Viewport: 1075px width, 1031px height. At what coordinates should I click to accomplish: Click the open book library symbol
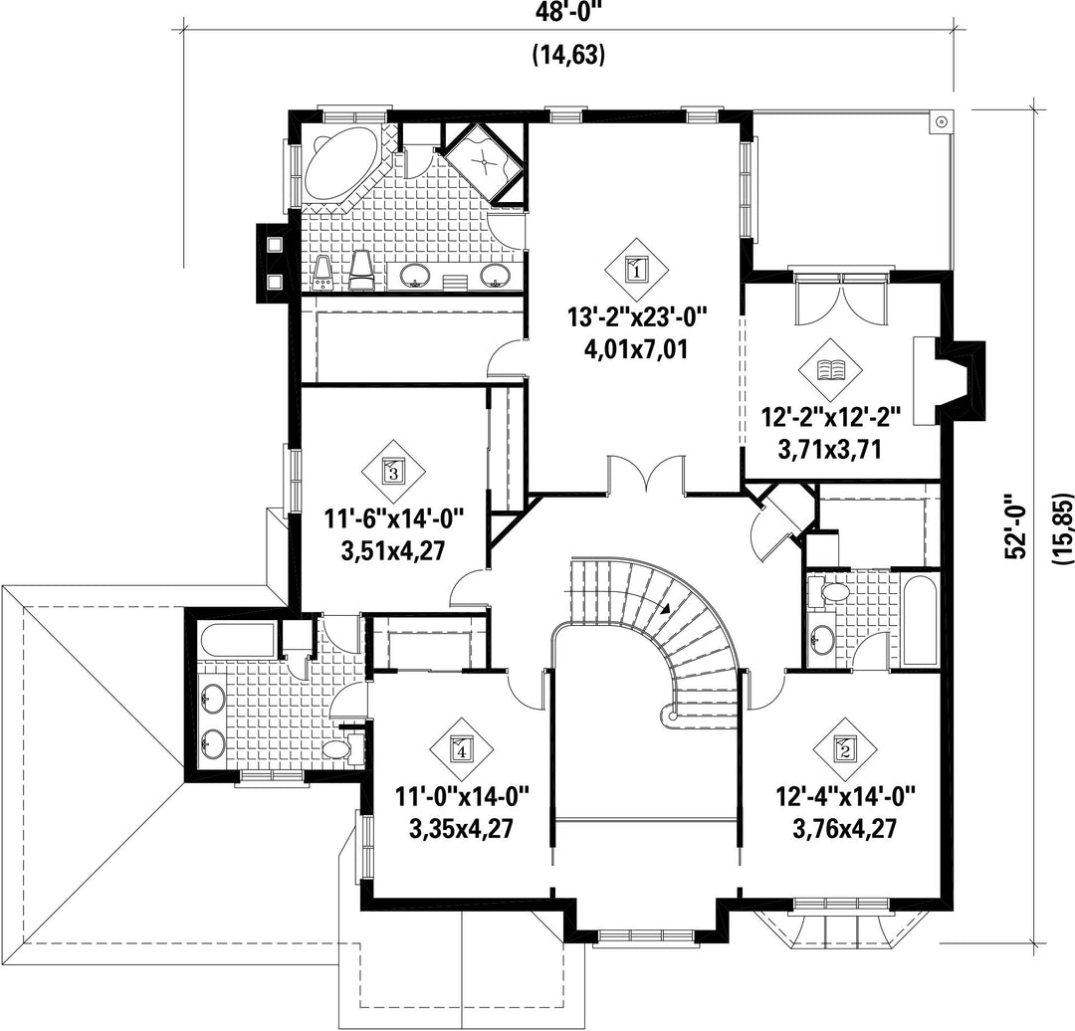pyautogui.click(x=831, y=370)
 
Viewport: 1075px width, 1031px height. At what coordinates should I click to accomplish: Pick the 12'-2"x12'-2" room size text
pyautogui.click(x=831, y=417)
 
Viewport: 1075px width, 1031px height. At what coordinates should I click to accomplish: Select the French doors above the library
pyautogui.click(x=842, y=299)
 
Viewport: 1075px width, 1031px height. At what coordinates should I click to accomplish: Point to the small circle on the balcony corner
pyautogui.click(x=942, y=122)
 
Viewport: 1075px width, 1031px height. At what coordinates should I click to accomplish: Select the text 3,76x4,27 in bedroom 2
pyautogui.click(x=845, y=829)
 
